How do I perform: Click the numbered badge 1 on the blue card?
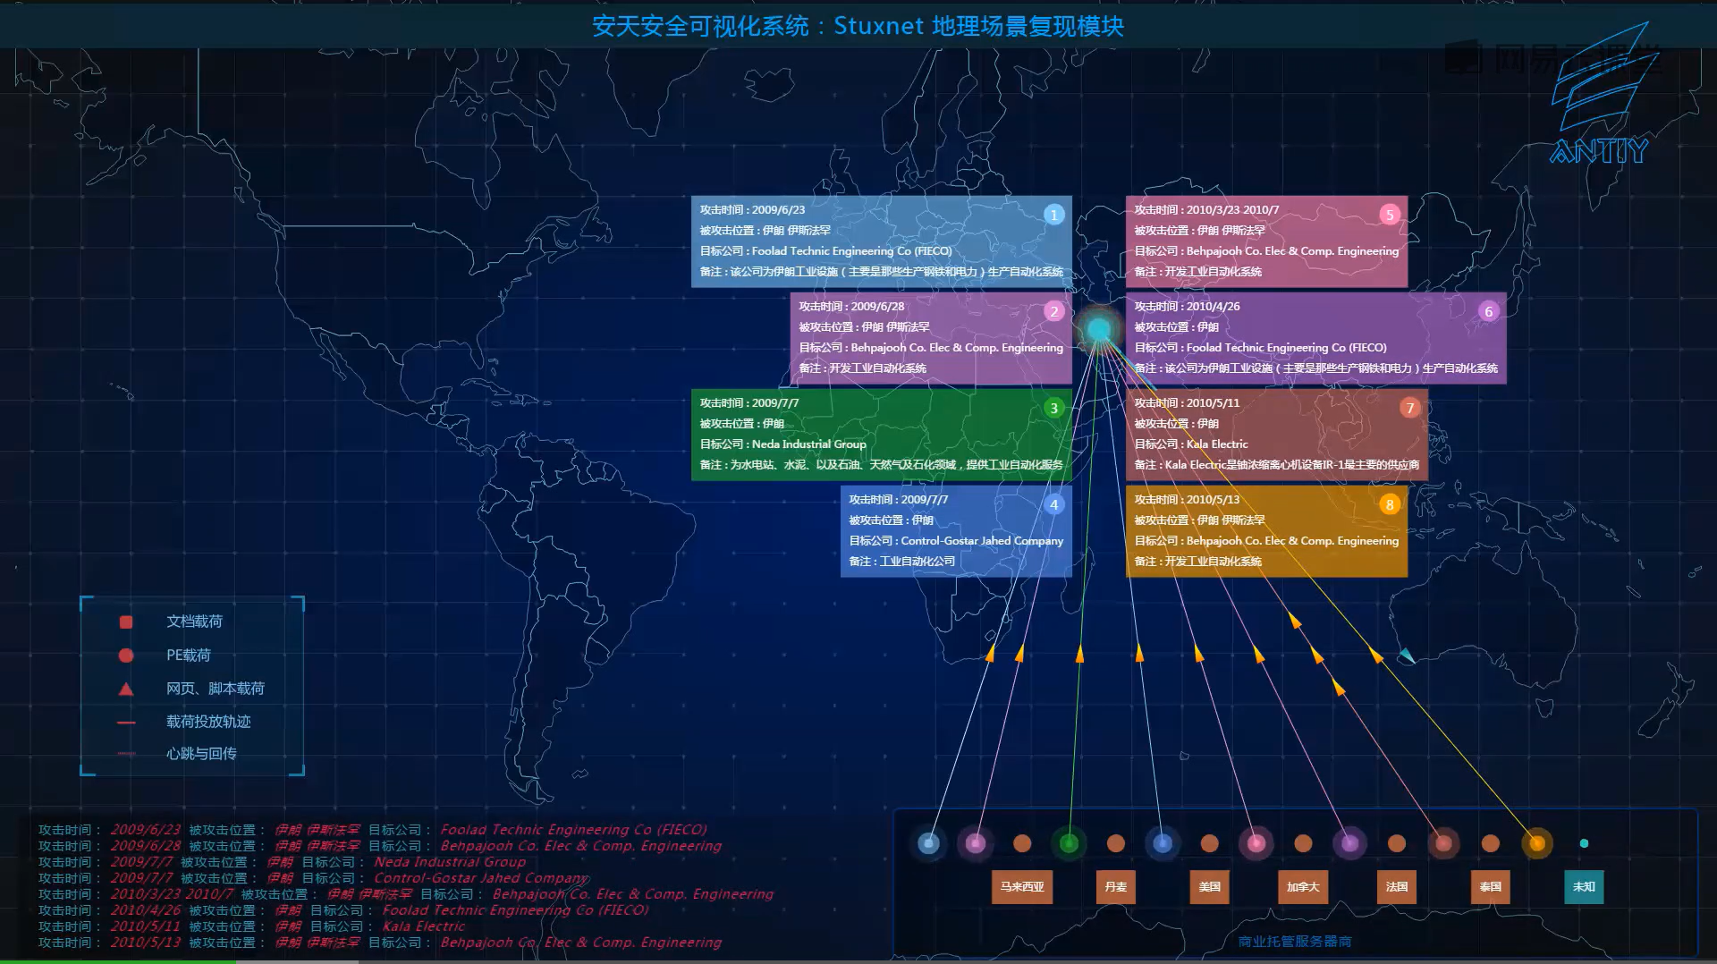1053,215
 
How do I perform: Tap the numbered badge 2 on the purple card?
1053,311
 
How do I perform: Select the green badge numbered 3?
1053,408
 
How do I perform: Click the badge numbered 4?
1053,504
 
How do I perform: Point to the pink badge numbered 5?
1389,215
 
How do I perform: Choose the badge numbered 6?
1488,311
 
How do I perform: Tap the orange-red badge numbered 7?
1409,408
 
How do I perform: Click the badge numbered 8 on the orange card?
1389,504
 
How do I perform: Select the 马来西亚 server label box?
1022,886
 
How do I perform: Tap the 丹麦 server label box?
1115,886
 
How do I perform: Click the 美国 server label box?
1209,886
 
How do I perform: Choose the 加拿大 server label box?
1303,886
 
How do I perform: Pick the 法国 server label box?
1396,886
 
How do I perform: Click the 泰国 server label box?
1490,886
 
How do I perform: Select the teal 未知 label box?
1584,886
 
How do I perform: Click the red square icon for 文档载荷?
126,622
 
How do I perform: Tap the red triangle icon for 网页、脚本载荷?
126,689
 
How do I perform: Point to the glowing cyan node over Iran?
1098,329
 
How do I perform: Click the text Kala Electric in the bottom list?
423,926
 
